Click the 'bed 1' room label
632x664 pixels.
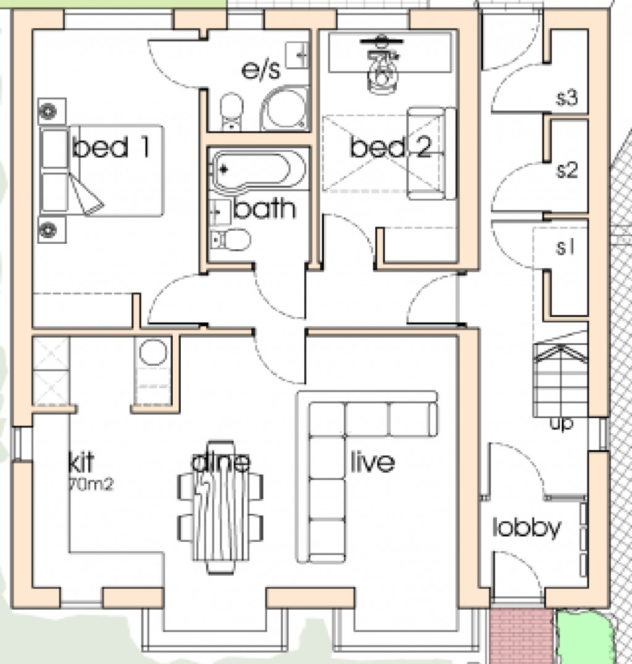pyautogui.click(x=110, y=148)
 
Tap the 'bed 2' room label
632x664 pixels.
pyautogui.click(x=390, y=148)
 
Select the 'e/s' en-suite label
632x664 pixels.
pyautogui.click(x=260, y=70)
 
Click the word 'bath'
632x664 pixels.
pyautogui.click(x=265, y=209)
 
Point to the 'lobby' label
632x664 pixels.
pyautogui.click(x=527, y=528)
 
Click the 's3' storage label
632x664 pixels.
pyautogui.click(x=566, y=98)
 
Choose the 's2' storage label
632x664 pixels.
pyautogui.click(x=566, y=170)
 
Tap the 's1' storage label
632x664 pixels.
pyautogui.click(x=565, y=247)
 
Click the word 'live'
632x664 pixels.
pyautogui.click(x=372, y=462)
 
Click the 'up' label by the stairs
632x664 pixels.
pyautogui.click(x=561, y=424)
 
